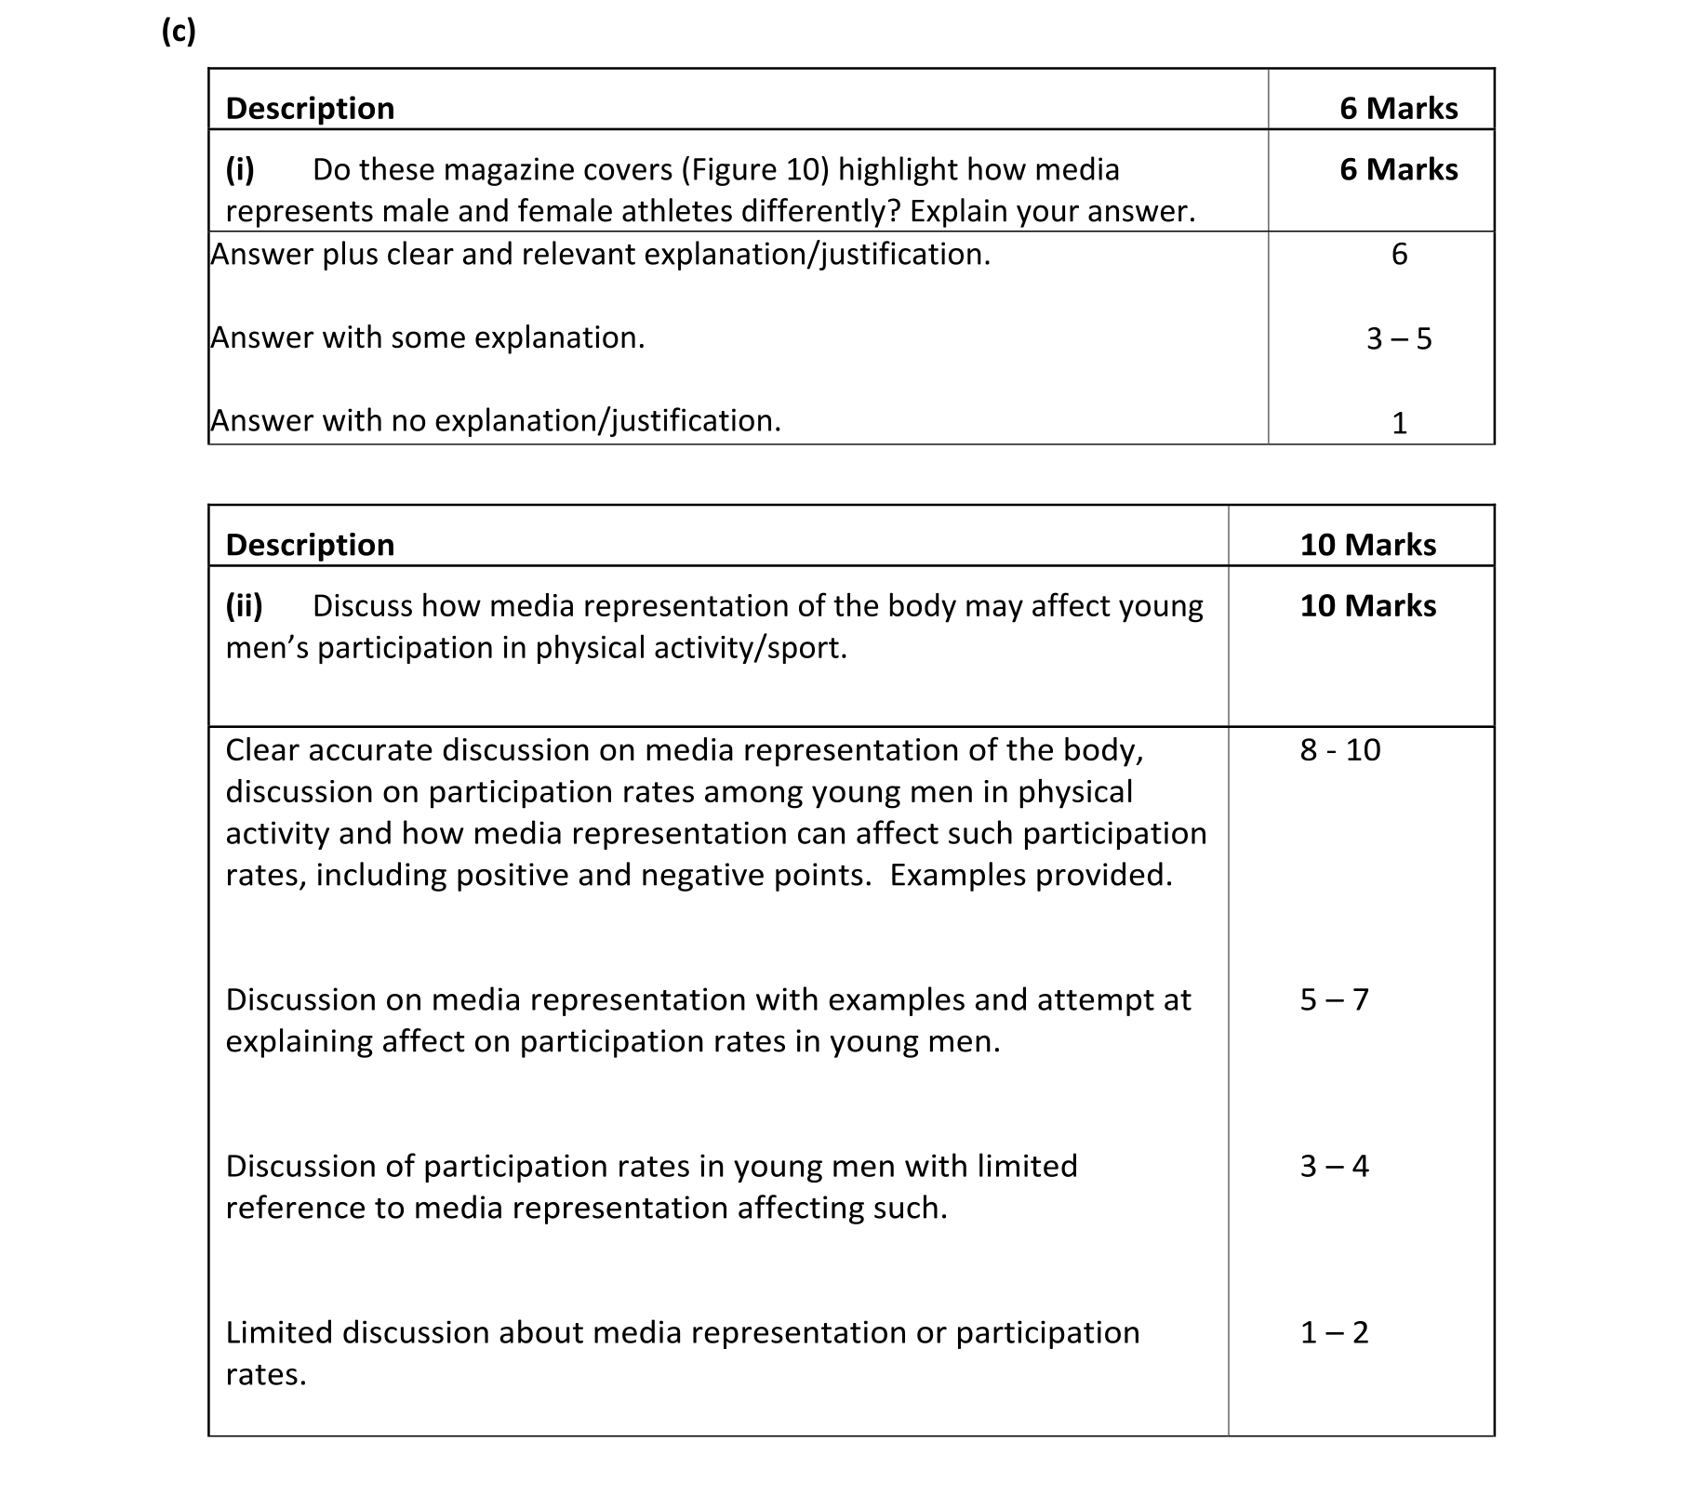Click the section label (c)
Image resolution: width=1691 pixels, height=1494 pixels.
click(x=178, y=32)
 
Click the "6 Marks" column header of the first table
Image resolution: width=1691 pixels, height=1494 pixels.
click(x=1398, y=108)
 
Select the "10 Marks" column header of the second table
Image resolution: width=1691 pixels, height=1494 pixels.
click(x=1367, y=544)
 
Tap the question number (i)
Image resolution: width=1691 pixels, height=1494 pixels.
click(x=240, y=169)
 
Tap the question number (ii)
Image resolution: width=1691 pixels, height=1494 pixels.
click(x=244, y=605)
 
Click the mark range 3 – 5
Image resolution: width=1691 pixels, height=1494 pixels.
click(x=1398, y=338)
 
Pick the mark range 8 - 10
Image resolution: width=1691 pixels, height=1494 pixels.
click(x=1339, y=749)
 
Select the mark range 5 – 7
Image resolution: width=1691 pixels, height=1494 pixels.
click(x=1334, y=999)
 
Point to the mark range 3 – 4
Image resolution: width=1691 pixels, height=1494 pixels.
click(x=1334, y=1166)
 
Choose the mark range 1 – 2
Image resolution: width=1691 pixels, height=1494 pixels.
click(x=1334, y=1332)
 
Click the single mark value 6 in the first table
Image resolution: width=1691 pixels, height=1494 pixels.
click(x=1399, y=254)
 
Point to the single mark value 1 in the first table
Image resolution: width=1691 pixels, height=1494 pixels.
click(x=1399, y=423)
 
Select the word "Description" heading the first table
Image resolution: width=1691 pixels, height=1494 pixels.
click(x=310, y=108)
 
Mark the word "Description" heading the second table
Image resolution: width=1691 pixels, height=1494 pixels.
click(x=310, y=544)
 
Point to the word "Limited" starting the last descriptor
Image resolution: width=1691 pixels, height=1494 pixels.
click(x=279, y=1332)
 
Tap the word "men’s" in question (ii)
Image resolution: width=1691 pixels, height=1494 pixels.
click(x=267, y=647)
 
